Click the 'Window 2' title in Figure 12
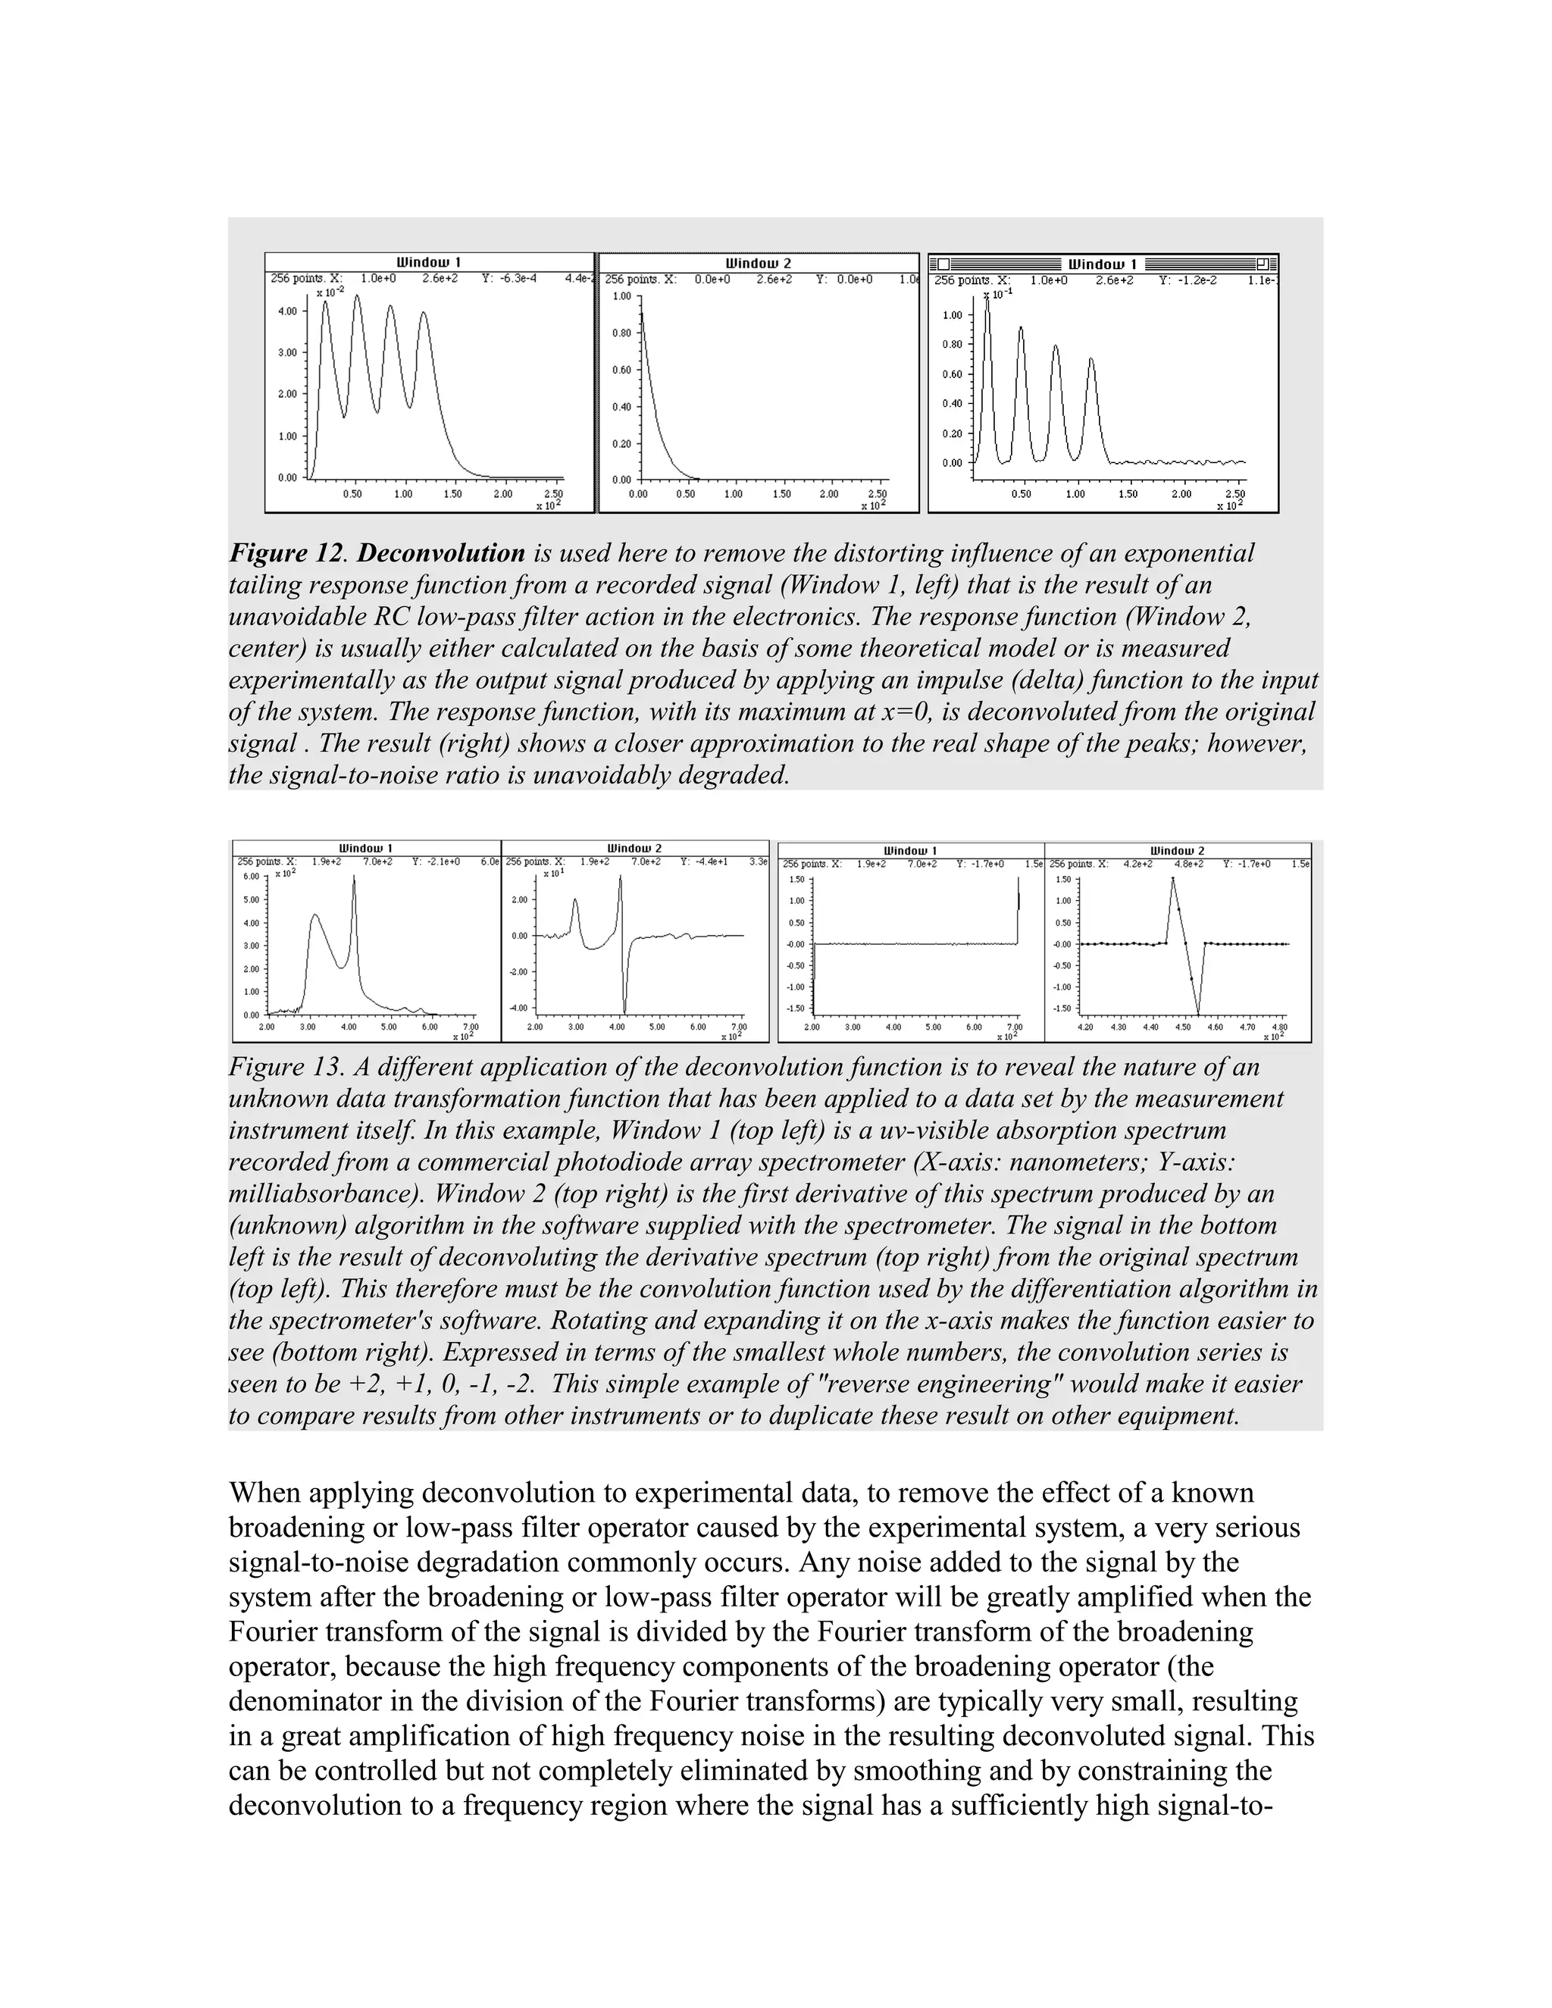(x=758, y=263)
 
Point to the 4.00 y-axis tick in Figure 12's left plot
(x=287, y=311)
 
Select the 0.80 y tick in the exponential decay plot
(x=621, y=333)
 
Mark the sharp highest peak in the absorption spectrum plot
(x=354, y=878)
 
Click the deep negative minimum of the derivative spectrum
(x=624, y=1012)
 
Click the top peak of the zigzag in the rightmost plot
(x=1172, y=879)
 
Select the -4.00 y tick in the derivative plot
(x=518, y=1009)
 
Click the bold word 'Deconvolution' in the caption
(x=440, y=553)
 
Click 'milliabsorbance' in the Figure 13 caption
(x=322, y=1194)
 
